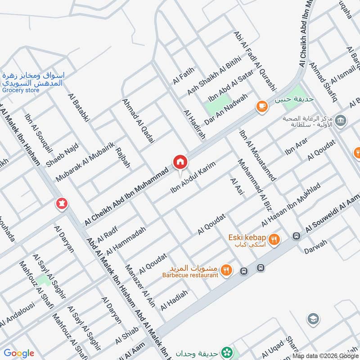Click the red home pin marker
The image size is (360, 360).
pyautogui.click(x=180, y=161)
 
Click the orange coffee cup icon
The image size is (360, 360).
pyautogui.click(x=261, y=106)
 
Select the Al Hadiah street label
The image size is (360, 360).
pyautogui.click(x=174, y=300)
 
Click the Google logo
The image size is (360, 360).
pyautogui.click(x=19, y=353)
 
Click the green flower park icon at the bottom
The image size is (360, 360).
pyautogui.click(x=229, y=351)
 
